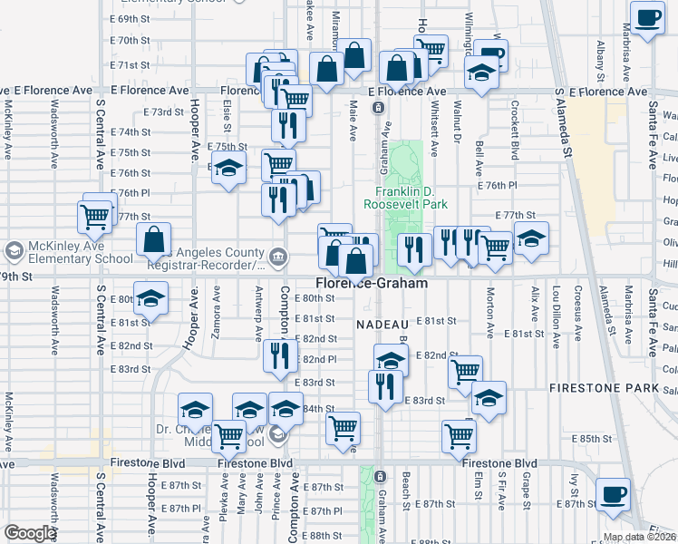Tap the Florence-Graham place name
pyautogui.click(x=372, y=283)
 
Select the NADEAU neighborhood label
pyautogui.click(x=384, y=324)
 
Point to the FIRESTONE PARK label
pyautogui.click(x=596, y=387)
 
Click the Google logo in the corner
pyautogui.click(x=31, y=533)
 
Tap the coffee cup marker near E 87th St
pyautogui.click(x=614, y=495)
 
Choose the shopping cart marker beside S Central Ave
pyautogui.click(x=95, y=217)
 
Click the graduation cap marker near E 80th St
pyautogui.click(x=151, y=298)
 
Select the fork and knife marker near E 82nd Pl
pyautogui.click(x=281, y=355)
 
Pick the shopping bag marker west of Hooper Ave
pyautogui.click(x=154, y=240)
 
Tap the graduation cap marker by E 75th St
pyautogui.click(x=229, y=168)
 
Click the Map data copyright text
pyautogui.click(x=639, y=537)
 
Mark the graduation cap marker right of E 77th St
pyautogui.click(x=531, y=240)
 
